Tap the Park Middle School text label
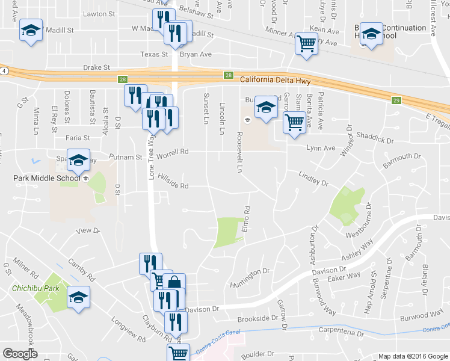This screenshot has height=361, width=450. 47,178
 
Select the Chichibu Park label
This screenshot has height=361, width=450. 35,289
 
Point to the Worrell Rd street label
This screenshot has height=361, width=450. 173,154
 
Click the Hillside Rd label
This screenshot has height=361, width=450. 173,182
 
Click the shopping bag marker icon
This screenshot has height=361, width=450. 174,283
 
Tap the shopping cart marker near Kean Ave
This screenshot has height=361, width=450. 307,43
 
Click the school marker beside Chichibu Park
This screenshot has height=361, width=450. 78,297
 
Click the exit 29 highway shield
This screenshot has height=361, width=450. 395,100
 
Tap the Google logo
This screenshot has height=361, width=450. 20,354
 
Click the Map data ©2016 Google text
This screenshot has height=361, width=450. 411,356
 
